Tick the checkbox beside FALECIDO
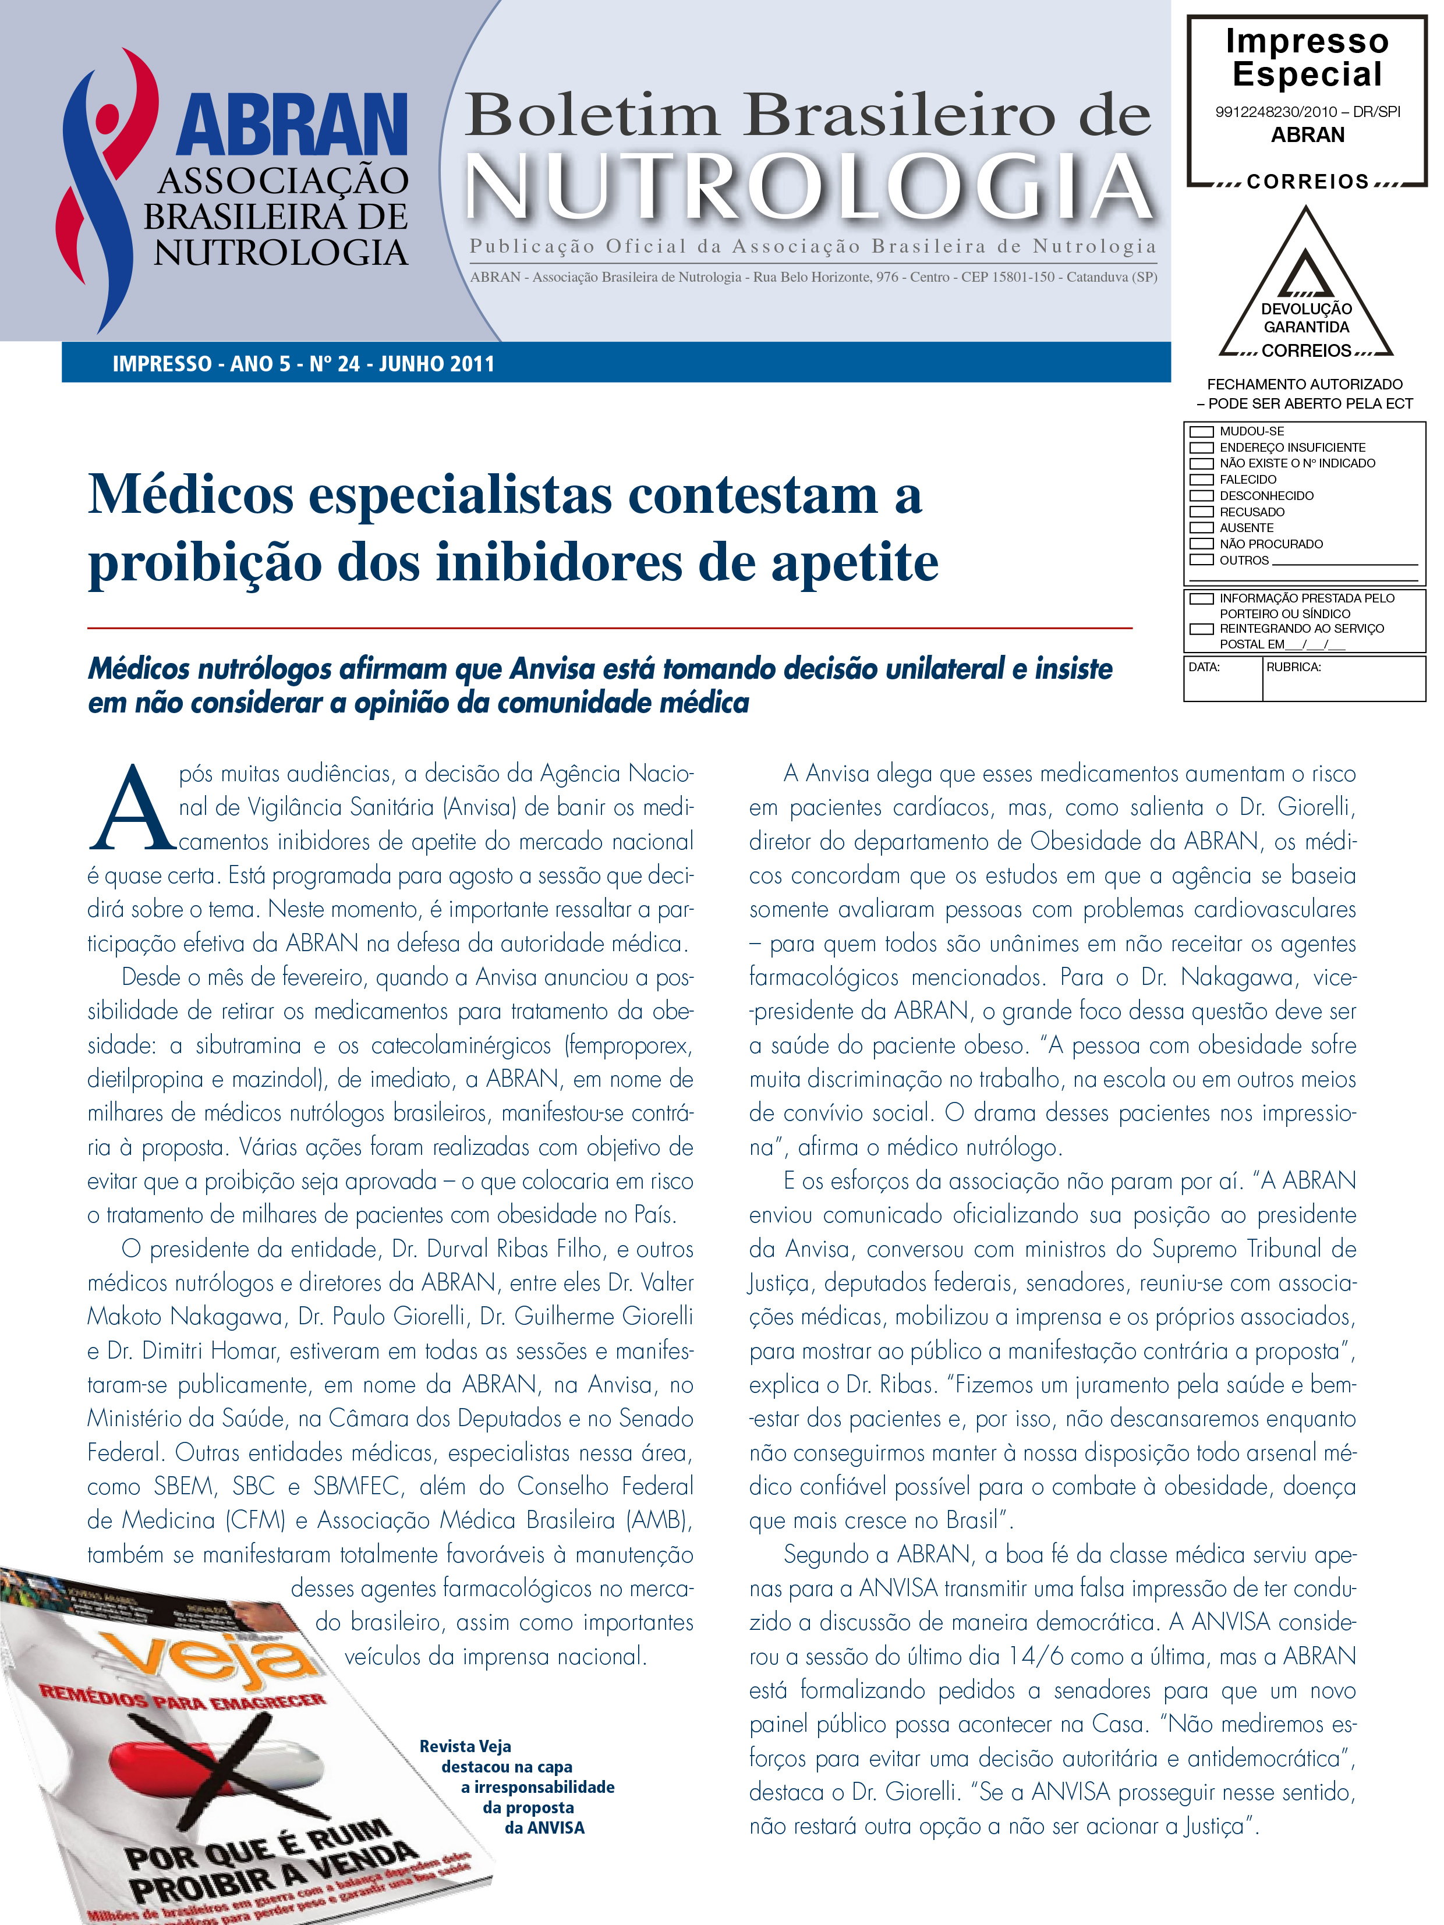[x=1201, y=480]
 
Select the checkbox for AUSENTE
[x=1201, y=527]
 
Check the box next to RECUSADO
[x=1201, y=512]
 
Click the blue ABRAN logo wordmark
[x=292, y=126]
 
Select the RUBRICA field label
[x=1293, y=668]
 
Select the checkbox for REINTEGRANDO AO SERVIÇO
[x=1201, y=628]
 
